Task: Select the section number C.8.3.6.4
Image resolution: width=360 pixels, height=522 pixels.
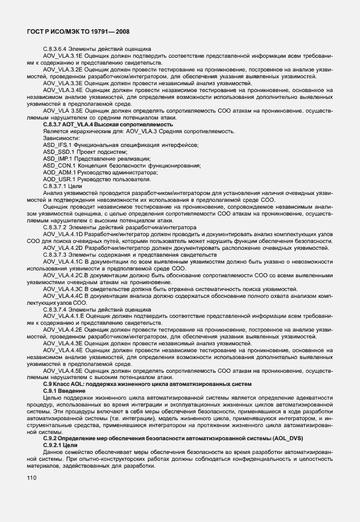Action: (x=55, y=49)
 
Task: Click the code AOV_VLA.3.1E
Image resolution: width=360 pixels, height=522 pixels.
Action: (x=63, y=55)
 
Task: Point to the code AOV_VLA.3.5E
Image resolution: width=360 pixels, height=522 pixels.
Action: (x=63, y=111)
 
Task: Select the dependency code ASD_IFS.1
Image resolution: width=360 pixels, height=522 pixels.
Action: (x=57, y=145)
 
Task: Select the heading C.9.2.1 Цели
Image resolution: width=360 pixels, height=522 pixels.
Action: (x=61, y=445)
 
